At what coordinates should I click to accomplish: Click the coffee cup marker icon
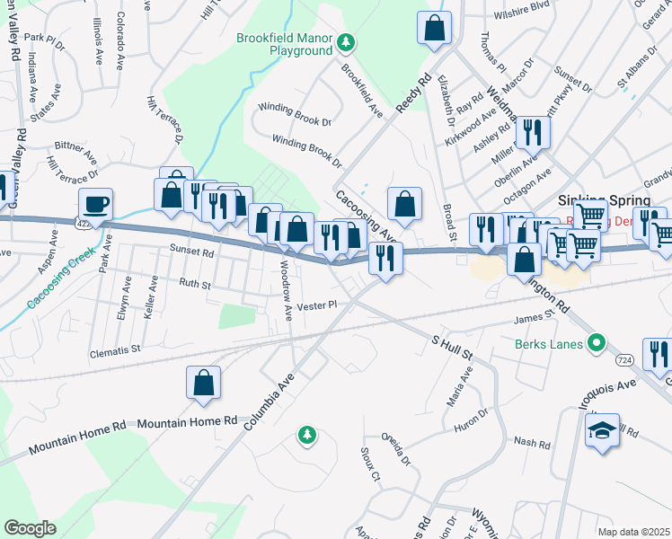[96, 203]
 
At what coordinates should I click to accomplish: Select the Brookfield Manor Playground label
[284, 44]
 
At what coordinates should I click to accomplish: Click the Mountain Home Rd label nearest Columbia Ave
[187, 420]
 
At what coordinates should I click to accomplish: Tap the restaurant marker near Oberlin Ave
[532, 133]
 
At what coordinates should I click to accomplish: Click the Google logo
[29, 528]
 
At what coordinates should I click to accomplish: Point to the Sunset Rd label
[191, 252]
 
